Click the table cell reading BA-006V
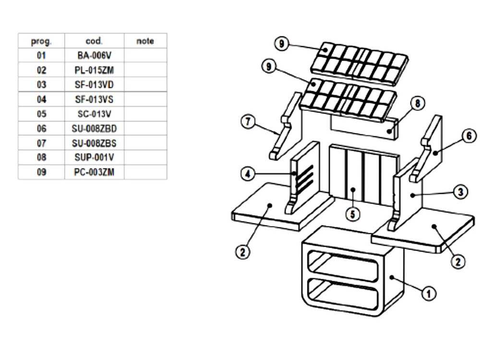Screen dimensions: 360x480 [x=94, y=56]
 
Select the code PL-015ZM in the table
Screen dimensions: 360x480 [x=94, y=70]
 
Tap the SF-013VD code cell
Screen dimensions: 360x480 [x=94, y=84]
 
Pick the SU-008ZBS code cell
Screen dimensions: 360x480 [x=94, y=143]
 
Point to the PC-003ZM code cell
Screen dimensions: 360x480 [x=94, y=172]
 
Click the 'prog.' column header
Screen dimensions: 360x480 [x=41, y=41]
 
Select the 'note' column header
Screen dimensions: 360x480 [x=145, y=41]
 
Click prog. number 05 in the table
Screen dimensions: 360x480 [x=41, y=114]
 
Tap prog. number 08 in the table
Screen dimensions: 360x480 [x=41, y=157]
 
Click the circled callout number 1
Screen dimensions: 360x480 [x=428, y=293]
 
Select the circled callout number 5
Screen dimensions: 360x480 [x=353, y=214]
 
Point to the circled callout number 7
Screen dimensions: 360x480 [x=248, y=121]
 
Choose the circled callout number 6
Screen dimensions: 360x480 [x=468, y=136]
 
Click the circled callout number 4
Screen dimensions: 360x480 [x=248, y=174]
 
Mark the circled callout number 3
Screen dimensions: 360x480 [x=460, y=192]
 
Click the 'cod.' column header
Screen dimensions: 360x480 [x=94, y=41]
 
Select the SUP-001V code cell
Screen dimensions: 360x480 [x=94, y=157]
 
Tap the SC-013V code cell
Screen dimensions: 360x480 [x=94, y=114]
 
